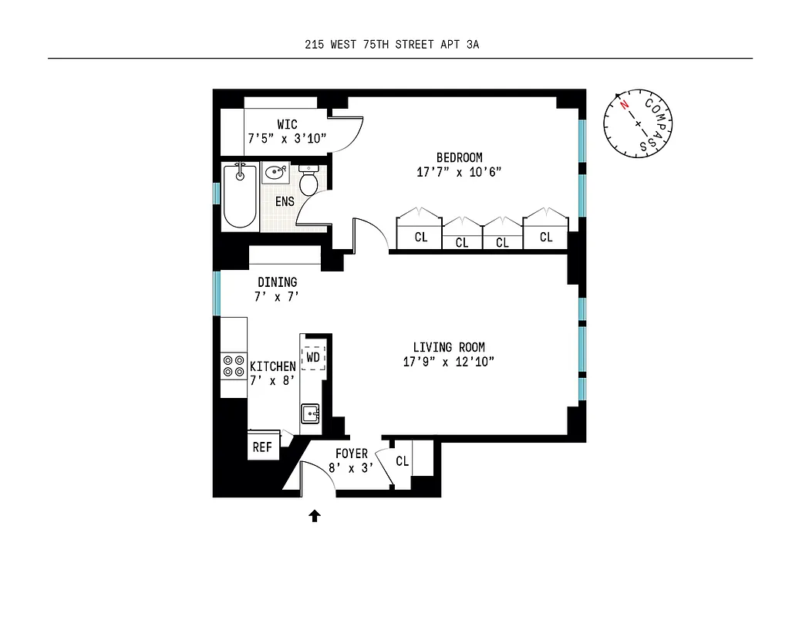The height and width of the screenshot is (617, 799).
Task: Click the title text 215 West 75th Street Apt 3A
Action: tap(392, 45)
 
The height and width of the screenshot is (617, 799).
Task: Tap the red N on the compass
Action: tap(624, 105)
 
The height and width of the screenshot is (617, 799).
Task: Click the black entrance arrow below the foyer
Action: tap(315, 516)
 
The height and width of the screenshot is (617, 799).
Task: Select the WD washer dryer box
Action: tap(313, 358)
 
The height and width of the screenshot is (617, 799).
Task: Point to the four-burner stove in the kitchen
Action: tap(233, 366)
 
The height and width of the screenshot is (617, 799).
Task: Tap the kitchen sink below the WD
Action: tap(312, 414)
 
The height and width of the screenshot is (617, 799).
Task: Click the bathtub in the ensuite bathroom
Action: tap(239, 196)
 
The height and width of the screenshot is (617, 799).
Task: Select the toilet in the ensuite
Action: tap(309, 183)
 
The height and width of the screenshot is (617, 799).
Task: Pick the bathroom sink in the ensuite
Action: tap(275, 173)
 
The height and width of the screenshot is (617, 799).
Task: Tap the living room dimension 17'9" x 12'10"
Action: tap(448, 361)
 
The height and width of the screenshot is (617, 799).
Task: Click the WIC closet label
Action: tap(287, 124)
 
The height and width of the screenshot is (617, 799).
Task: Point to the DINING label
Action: tap(277, 282)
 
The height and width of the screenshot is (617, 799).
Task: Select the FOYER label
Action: tap(351, 454)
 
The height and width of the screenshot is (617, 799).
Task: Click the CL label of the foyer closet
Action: tap(402, 461)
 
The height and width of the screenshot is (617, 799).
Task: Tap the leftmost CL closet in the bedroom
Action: tap(420, 238)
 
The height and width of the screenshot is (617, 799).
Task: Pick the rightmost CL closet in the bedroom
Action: tap(546, 237)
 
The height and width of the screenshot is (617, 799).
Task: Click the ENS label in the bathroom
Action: tap(285, 201)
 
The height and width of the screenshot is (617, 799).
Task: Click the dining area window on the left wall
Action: tap(217, 292)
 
